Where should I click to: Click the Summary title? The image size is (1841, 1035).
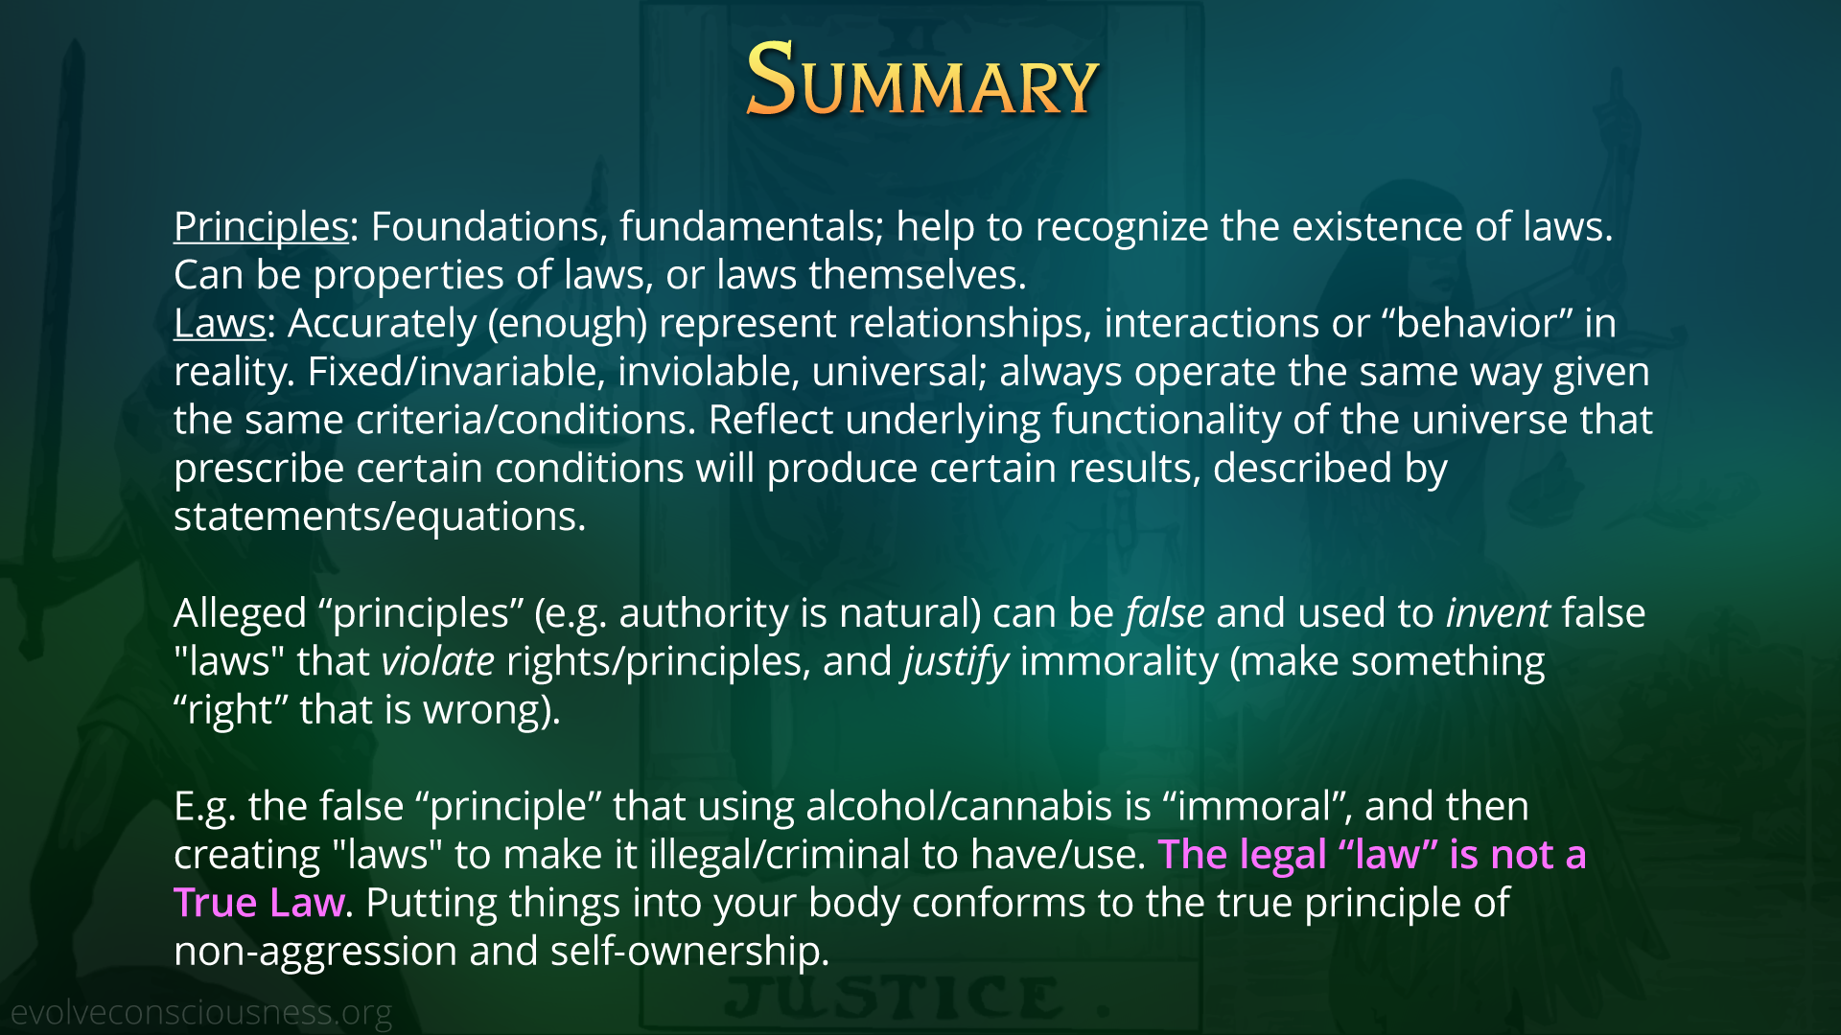921,80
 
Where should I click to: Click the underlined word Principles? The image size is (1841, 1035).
261,227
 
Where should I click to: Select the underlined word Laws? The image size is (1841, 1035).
220,323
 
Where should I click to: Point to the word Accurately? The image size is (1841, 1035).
382,325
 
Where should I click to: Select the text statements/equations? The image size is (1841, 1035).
380,517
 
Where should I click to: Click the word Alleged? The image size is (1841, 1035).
240,614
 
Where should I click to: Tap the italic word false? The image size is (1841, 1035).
1165,612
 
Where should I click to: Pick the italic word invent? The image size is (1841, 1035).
1498,612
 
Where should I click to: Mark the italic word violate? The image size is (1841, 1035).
438,661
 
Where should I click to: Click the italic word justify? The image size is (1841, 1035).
956,663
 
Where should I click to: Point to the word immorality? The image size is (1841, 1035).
1119,663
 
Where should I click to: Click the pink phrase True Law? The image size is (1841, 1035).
259,903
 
